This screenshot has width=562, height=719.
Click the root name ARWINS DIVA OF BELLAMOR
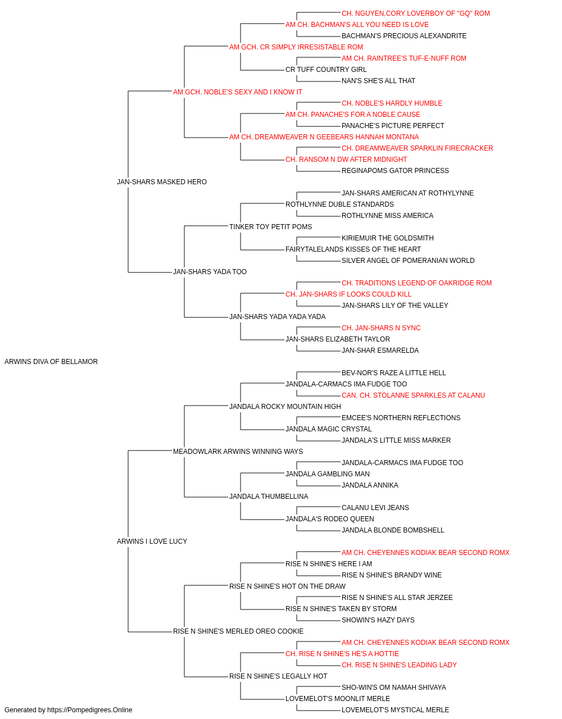tap(51, 362)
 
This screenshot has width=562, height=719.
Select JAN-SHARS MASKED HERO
tap(161, 181)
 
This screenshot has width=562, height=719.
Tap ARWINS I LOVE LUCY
tap(152, 541)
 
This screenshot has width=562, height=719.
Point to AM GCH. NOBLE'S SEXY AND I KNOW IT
tap(238, 92)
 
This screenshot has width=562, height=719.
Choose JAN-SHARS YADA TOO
tap(210, 272)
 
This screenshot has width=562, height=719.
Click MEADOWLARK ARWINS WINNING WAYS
tap(238, 451)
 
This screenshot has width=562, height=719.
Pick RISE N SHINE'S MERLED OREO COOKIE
tap(238, 631)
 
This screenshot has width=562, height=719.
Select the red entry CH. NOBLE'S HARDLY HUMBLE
tap(392, 103)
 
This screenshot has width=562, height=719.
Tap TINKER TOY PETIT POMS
tap(270, 226)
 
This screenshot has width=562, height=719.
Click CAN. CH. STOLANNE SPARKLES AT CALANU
tap(413, 395)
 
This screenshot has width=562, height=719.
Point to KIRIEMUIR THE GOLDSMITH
tap(388, 238)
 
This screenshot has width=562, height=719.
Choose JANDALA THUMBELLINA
tap(269, 497)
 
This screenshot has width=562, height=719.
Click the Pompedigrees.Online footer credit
tap(68, 710)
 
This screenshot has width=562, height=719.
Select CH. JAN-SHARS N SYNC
tap(381, 328)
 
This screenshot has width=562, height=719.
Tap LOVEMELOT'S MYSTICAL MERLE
tap(395, 710)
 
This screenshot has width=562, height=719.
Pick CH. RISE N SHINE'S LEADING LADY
tap(399, 665)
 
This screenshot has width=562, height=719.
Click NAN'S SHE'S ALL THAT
tap(378, 81)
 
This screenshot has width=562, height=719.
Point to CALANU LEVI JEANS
tap(375, 508)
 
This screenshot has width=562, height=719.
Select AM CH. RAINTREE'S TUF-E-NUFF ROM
tap(404, 58)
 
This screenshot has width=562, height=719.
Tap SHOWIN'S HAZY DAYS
tap(378, 620)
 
